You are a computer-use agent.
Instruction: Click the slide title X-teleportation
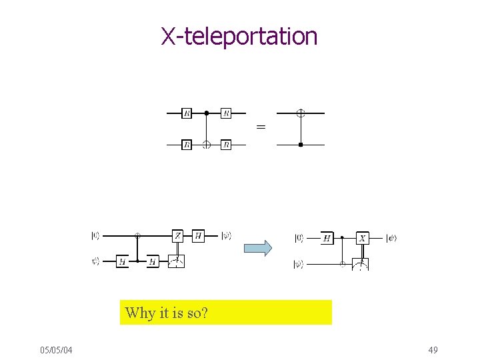(x=239, y=36)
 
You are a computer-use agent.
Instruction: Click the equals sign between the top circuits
(x=261, y=127)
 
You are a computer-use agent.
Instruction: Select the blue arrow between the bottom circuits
(x=258, y=249)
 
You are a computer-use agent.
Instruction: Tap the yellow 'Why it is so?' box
(x=225, y=312)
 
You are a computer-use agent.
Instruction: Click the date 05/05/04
(x=57, y=350)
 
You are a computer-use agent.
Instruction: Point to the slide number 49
(x=432, y=350)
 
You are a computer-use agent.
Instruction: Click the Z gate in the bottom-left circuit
(x=178, y=235)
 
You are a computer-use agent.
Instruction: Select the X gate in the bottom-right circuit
(x=363, y=237)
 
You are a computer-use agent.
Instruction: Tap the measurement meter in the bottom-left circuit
(x=177, y=261)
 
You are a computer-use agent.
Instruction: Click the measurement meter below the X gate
(x=360, y=264)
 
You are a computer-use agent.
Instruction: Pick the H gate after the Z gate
(x=198, y=235)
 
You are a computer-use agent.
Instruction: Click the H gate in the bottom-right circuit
(x=327, y=237)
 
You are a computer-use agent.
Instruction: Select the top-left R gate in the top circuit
(x=187, y=113)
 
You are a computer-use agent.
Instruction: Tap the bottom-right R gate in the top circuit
(x=225, y=144)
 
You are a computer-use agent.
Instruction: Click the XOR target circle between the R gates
(x=207, y=144)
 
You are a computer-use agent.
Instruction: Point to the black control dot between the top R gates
(x=207, y=113)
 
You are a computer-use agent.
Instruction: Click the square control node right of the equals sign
(x=301, y=144)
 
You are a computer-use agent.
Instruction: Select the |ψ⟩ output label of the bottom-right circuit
(x=391, y=238)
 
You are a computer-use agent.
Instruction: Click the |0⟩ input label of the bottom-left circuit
(x=96, y=235)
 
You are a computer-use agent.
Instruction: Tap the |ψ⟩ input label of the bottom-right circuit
(x=299, y=265)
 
